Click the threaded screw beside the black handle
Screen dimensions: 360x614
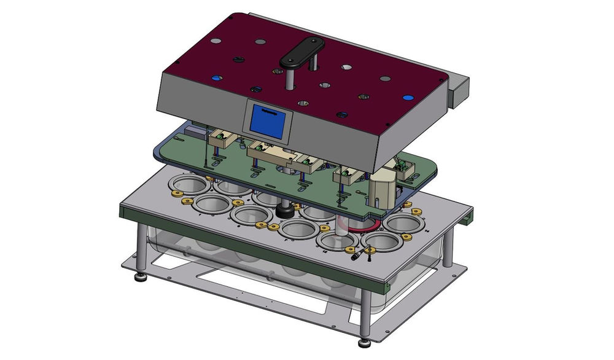click(314, 63)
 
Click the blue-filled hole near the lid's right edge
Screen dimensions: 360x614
click(406, 97)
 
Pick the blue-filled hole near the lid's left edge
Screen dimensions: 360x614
click(216, 78)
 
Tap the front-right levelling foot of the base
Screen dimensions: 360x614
click(363, 340)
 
